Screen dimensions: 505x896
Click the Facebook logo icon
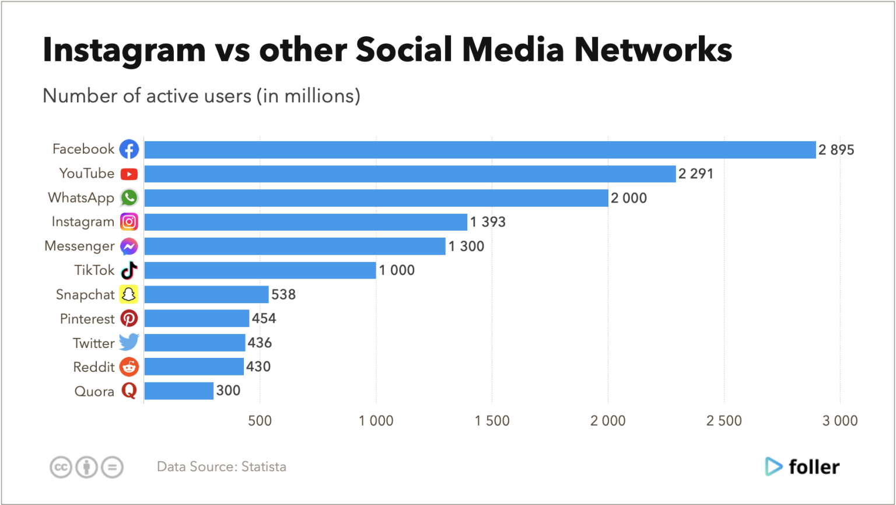tap(129, 149)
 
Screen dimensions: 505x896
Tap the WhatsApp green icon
tap(129, 198)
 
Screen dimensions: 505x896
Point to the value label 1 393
tap(488, 222)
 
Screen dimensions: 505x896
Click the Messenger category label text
tap(79, 246)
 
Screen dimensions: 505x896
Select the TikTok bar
tap(260, 270)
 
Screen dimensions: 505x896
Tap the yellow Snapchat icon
tap(129, 294)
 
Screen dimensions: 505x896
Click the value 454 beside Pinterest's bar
tap(264, 319)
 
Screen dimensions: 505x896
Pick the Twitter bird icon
tap(129, 343)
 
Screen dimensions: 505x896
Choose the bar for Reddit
tap(194, 367)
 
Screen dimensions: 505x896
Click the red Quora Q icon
tap(129, 391)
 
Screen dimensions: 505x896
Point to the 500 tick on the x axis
tap(260, 421)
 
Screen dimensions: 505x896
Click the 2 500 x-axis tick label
tap(724, 421)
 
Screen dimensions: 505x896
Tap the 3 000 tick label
tap(840, 421)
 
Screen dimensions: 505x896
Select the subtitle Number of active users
tap(201, 96)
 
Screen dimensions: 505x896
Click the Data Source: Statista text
tap(221, 467)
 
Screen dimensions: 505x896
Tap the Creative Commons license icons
tap(86, 467)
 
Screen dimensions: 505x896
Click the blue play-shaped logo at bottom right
tap(773, 466)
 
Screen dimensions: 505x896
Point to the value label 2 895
tap(836, 150)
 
